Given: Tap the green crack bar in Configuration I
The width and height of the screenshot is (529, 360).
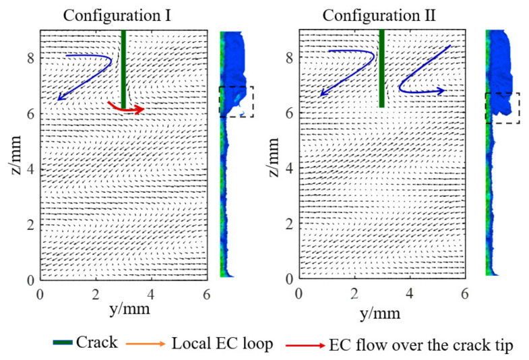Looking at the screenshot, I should [123, 67].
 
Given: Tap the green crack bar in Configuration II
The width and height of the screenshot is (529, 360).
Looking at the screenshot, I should [381, 67].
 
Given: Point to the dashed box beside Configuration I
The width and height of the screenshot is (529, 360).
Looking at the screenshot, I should [237, 102].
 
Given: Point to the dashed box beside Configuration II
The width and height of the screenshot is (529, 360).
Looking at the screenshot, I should [503, 108].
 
